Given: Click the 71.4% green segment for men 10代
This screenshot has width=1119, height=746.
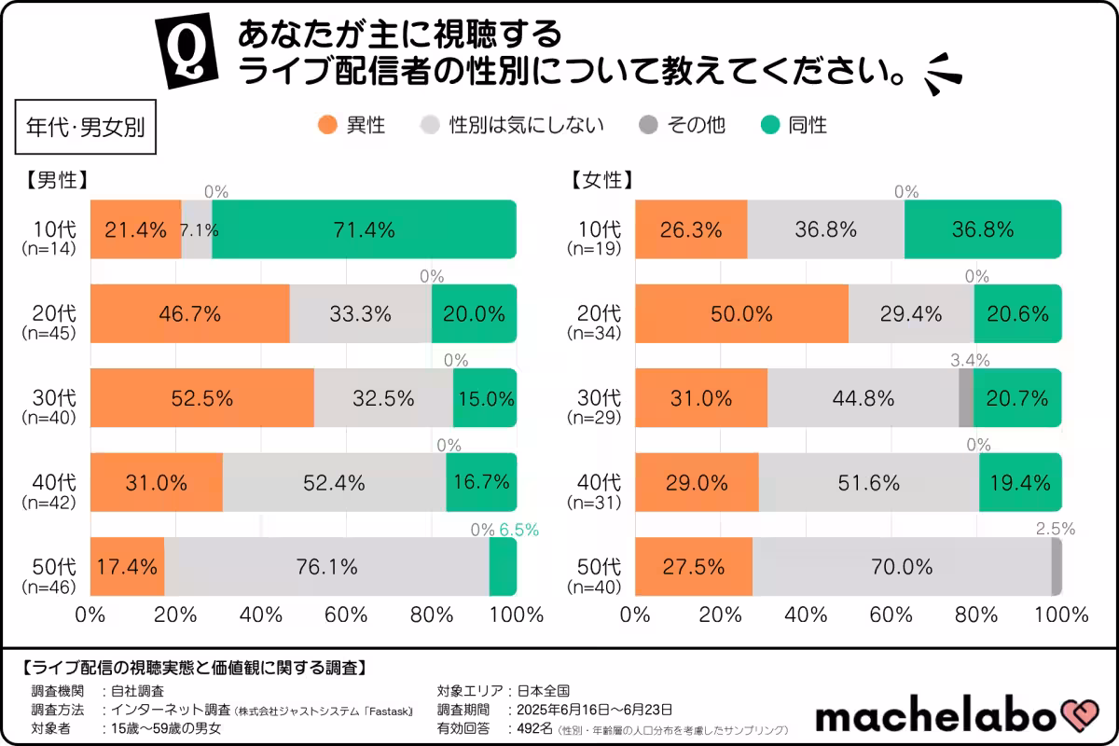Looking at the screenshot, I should (364, 229).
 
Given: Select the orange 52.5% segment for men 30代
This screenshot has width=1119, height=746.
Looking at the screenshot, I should (201, 398).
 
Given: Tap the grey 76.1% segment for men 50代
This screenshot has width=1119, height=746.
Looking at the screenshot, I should (326, 567).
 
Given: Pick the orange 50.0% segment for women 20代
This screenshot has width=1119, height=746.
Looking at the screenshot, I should (741, 314).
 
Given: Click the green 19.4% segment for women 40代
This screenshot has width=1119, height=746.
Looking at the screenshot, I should (1020, 482).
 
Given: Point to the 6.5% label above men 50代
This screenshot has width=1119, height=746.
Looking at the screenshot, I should (518, 530).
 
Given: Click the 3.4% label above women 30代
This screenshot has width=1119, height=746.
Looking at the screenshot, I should (970, 360).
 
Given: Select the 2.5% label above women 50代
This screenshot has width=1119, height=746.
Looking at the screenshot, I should (1056, 529).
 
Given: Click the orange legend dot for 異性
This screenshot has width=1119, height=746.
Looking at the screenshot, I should (327, 125).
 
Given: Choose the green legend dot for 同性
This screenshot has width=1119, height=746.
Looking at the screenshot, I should (771, 125).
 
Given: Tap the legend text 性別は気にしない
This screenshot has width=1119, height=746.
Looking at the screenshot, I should (526, 125).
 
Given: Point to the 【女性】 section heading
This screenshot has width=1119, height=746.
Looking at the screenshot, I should (602, 181).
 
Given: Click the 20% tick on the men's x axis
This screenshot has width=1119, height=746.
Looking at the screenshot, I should (174, 615).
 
